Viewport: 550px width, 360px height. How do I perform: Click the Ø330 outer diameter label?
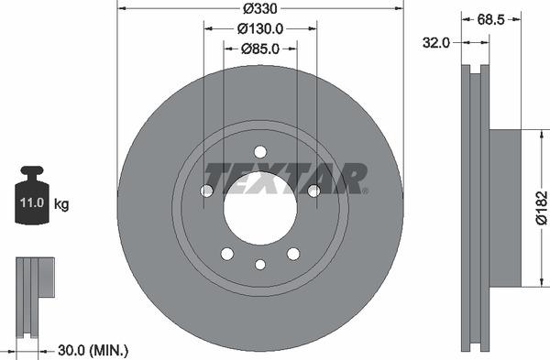point(260,9)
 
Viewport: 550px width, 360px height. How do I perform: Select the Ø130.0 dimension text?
point(260,28)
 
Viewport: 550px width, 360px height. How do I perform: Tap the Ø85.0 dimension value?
point(260,49)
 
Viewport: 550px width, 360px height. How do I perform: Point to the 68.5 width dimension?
point(490,18)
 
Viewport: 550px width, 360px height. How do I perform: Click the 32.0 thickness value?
point(435,41)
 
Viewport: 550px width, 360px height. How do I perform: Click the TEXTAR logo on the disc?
point(283,178)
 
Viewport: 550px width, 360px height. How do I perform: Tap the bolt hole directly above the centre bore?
point(260,152)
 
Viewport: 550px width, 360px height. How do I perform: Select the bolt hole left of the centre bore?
point(207,191)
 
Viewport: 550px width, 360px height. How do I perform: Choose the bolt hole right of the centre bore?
point(313,191)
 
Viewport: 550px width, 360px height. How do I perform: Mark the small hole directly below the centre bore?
point(260,265)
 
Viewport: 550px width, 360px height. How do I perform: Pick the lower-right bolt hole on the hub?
point(293,254)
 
